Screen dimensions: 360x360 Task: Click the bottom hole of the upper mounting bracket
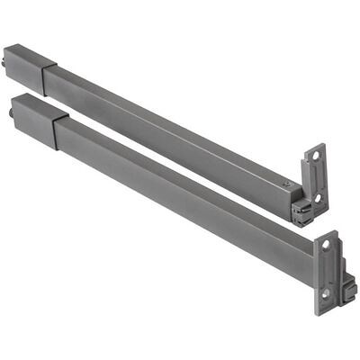317,198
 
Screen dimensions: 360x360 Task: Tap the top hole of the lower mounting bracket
325,245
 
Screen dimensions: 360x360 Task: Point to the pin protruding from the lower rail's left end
13,113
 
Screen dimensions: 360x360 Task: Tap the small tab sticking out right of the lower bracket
350,290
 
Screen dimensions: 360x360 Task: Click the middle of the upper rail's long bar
171,130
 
